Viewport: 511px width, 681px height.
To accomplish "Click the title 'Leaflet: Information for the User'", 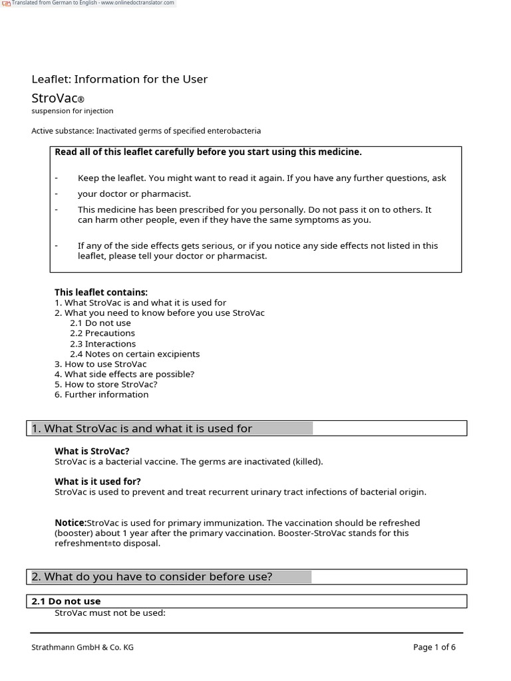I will point(120,79).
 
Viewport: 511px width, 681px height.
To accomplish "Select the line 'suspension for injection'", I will point(73,111).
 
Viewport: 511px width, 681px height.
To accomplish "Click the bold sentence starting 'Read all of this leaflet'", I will point(208,152).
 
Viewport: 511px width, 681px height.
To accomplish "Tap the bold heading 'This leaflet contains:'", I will point(101,293).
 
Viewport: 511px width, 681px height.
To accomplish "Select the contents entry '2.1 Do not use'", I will point(100,323).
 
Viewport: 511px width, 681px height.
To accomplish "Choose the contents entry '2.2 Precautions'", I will point(102,333).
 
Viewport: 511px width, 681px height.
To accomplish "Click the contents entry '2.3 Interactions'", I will point(102,344).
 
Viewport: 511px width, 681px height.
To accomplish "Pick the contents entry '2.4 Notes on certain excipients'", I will point(134,354).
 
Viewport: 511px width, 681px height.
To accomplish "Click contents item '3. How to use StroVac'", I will point(100,364).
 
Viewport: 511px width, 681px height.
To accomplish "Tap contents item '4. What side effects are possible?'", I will point(124,374).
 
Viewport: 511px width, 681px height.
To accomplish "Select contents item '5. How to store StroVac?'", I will point(106,384).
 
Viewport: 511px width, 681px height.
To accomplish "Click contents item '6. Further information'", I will point(102,394).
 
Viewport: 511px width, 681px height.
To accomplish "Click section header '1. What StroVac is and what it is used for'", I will point(142,429).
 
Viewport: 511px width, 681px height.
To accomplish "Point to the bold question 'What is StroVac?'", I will point(92,451).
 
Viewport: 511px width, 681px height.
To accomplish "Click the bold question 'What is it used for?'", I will point(98,481).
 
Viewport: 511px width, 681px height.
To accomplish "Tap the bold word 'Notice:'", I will point(71,523).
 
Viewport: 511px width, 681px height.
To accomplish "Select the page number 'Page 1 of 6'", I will point(434,647).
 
